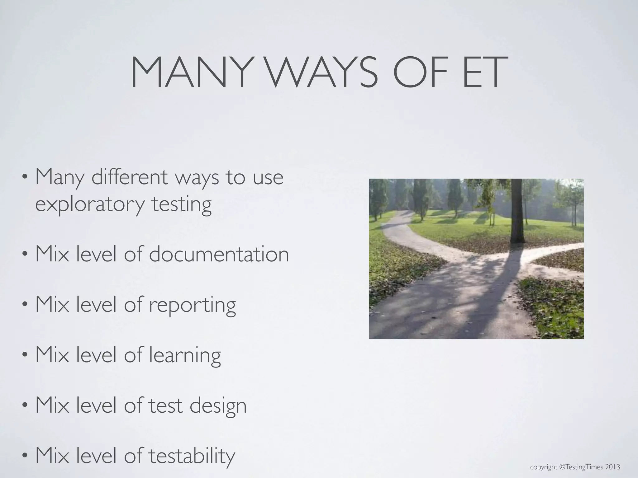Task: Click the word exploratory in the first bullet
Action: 90,205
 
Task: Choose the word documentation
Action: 219,254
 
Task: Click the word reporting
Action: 192,305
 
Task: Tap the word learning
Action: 185,355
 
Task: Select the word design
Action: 218,406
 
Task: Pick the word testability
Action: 191,456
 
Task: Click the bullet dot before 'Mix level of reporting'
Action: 25,305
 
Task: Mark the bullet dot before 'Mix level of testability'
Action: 25,457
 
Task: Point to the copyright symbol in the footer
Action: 562,467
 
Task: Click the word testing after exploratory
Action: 181,205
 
